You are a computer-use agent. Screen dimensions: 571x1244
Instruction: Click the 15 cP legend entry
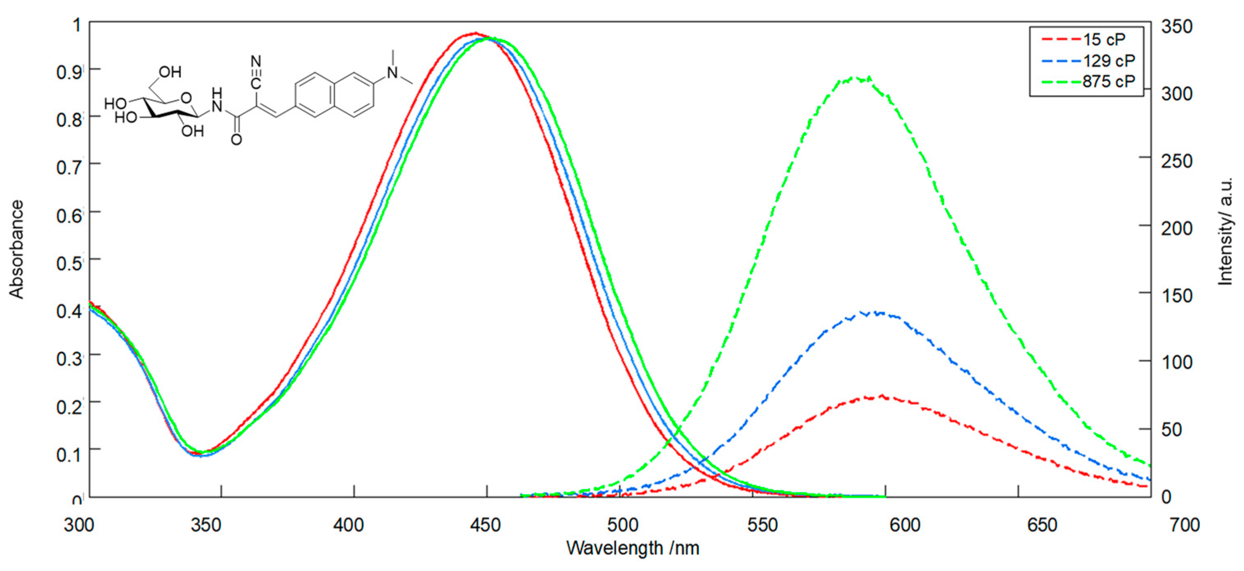1103,39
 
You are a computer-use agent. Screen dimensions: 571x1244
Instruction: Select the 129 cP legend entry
1108,61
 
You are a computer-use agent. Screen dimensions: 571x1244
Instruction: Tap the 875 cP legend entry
1108,81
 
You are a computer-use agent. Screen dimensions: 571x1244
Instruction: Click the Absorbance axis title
16,249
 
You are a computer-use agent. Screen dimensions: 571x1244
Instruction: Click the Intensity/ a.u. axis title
1225,232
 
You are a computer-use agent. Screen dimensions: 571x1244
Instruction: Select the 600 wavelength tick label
904,525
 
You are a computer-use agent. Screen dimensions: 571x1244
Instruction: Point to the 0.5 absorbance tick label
69,263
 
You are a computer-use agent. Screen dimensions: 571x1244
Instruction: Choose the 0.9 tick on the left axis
69,73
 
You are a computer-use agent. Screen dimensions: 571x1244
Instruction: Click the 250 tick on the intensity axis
1177,161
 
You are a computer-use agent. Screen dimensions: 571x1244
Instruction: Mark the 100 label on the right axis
1177,362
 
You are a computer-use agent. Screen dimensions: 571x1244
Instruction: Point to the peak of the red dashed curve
882,396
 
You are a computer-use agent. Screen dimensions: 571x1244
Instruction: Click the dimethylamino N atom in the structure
393,73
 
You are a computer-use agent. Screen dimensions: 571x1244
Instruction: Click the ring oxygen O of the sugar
186,98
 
